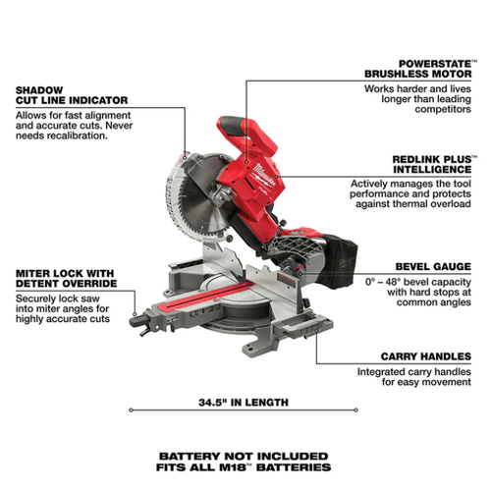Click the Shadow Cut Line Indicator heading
[x=72, y=95]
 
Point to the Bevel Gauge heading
[x=433, y=266]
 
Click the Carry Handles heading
[x=426, y=356]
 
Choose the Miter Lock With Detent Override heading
[x=66, y=278]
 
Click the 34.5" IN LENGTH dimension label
[x=244, y=403]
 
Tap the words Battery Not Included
[x=244, y=456]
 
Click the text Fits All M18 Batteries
[x=244, y=467]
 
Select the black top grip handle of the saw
[x=233, y=126]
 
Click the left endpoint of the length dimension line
[x=131, y=409]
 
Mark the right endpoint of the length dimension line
[x=356, y=409]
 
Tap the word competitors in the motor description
[x=443, y=109]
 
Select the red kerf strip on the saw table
[x=204, y=297]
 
